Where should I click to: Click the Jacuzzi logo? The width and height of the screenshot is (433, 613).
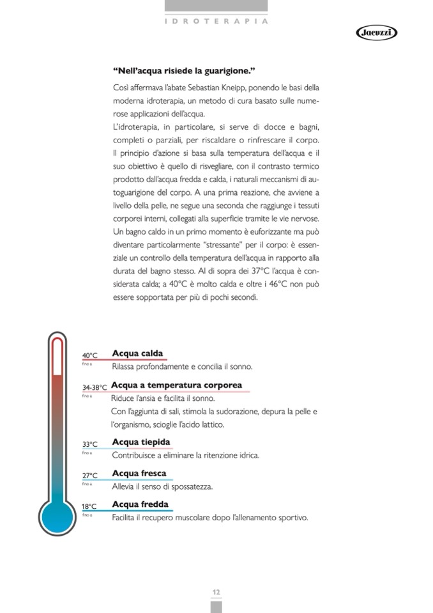pos(377,33)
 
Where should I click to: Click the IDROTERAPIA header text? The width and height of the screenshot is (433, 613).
pos(216,21)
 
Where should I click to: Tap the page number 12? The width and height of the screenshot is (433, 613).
pos(216,592)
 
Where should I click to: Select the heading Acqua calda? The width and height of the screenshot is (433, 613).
pos(137,353)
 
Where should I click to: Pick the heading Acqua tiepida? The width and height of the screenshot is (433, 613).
pos(141,442)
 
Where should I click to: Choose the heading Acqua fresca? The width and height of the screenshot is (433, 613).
pos(139,474)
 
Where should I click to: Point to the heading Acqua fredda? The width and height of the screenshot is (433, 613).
pos(141,504)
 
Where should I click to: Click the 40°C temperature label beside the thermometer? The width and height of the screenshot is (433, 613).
pos(90,355)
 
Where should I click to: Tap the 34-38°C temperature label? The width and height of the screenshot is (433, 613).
pos(95,387)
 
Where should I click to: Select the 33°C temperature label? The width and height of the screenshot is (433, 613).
pos(90,444)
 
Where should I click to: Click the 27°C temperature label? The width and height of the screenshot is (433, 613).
pos(90,476)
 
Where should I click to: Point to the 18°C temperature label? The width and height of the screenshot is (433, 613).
pos(89,506)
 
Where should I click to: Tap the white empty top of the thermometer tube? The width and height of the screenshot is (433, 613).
pos(57,355)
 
